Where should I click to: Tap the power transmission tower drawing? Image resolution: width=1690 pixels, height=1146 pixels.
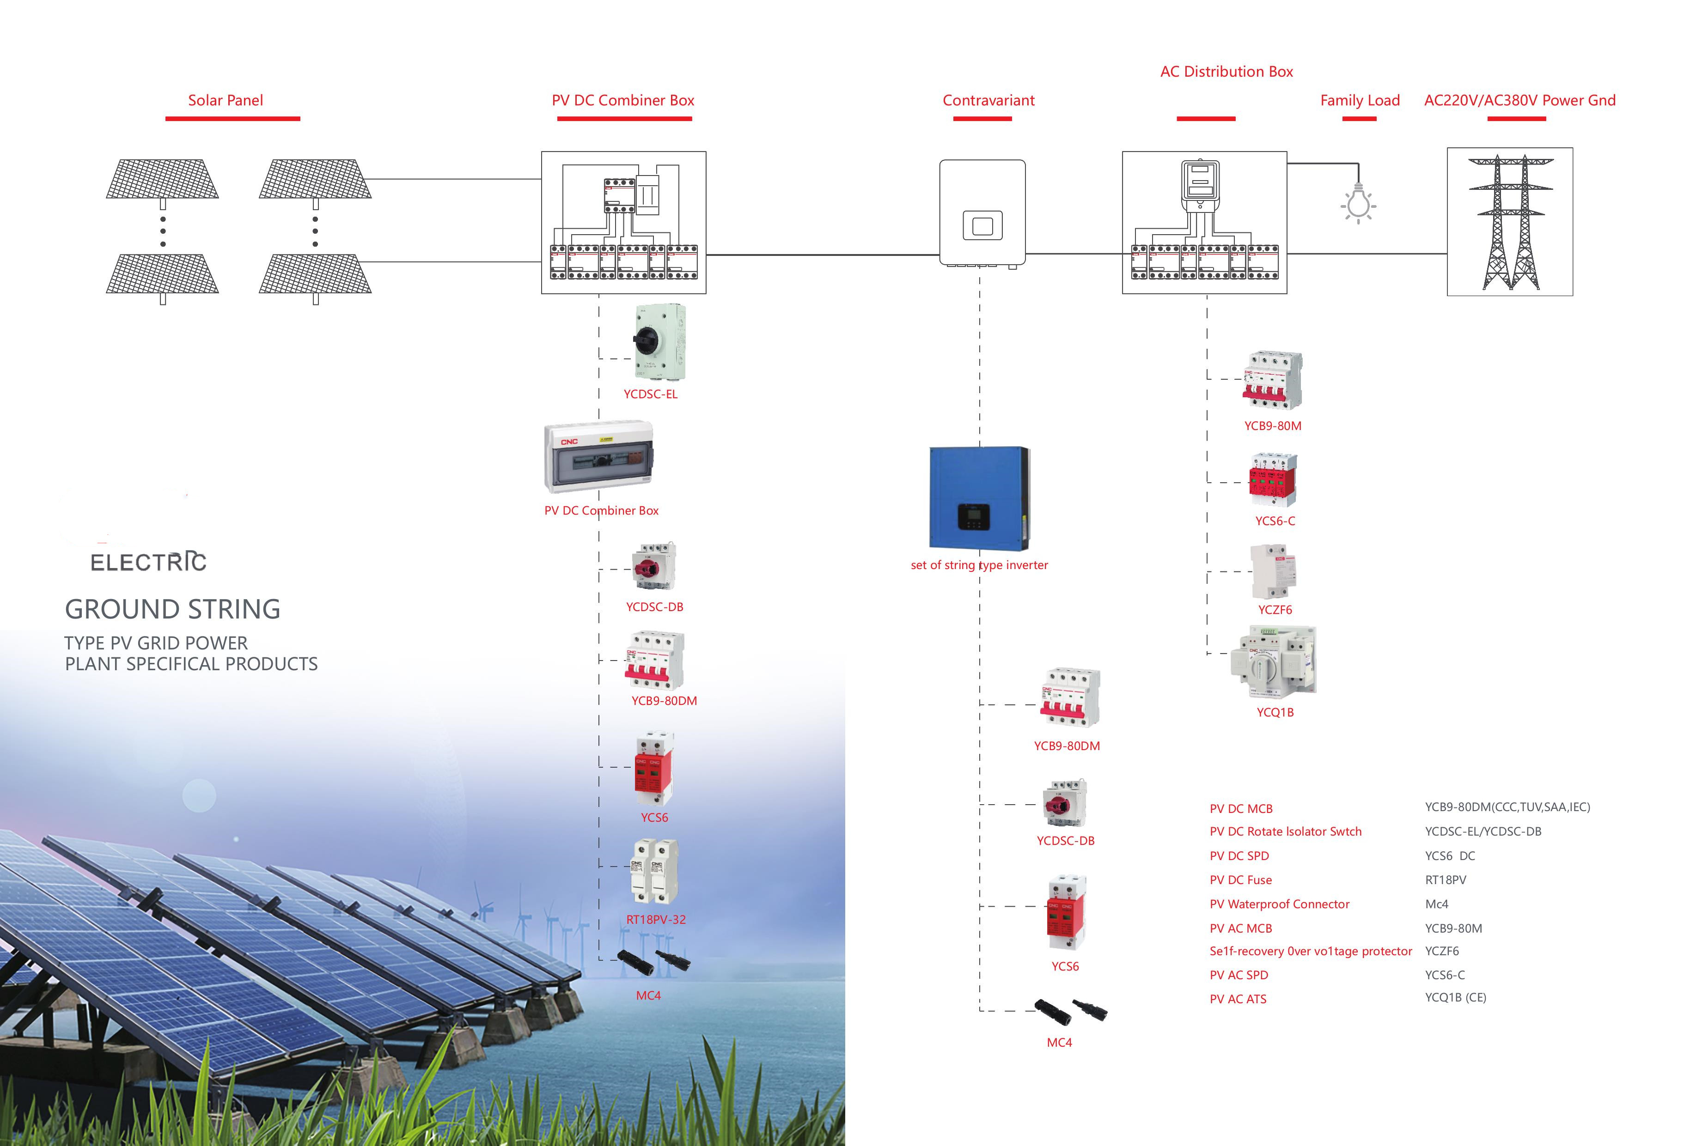(x=1510, y=222)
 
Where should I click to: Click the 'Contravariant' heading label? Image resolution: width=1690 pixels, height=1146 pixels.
(x=988, y=100)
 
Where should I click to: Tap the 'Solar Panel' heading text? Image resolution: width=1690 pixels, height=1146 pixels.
(x=226, y=100)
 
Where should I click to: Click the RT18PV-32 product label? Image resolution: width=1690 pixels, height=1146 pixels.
(x=656, y=919)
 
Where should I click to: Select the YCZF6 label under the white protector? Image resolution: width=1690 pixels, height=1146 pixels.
(x=1275, y=610)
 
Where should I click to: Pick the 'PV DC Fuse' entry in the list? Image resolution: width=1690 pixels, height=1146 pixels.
(x=1241, y=880)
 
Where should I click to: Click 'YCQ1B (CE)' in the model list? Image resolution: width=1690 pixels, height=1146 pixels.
(x=1455, y=998)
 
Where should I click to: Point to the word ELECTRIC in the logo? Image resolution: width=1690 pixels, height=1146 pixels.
(x=148, y=562)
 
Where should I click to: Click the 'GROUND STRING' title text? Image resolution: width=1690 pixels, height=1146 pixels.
(x=172, y=609)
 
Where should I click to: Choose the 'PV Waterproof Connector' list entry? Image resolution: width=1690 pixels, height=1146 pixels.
(x=1279, y=904)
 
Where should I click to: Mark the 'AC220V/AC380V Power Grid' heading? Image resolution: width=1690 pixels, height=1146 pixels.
(x=1519, y=100)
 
